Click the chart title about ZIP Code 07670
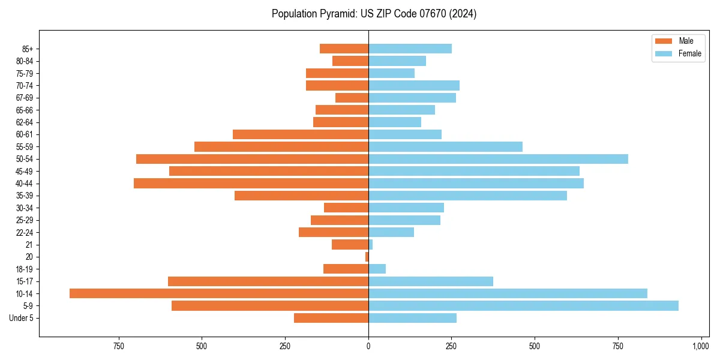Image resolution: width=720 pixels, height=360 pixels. (374, 14)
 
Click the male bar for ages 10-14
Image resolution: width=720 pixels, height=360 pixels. (219, 293)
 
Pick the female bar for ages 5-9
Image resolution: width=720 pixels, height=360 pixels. (523, 305)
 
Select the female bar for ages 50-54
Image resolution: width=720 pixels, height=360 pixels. (498, 159)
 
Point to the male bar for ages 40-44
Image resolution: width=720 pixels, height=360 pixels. (251, 183)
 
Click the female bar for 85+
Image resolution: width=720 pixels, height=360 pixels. (410, 49)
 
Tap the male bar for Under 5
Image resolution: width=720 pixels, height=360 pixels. (331, 318)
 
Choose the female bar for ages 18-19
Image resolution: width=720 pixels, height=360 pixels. (377, 269)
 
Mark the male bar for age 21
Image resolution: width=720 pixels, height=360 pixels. (350, 244)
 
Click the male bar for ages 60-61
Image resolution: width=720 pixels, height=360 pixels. (301, 134)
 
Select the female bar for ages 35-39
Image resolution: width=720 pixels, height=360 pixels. (467, 196)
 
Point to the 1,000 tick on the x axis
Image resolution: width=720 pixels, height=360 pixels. (701, 346)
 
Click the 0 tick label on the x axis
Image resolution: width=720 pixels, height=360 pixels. (368, 346)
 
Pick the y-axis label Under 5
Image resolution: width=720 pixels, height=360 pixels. (21, 318)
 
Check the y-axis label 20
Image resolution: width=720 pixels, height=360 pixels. (29, 257)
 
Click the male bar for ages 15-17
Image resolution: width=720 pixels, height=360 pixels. (268, 281)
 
